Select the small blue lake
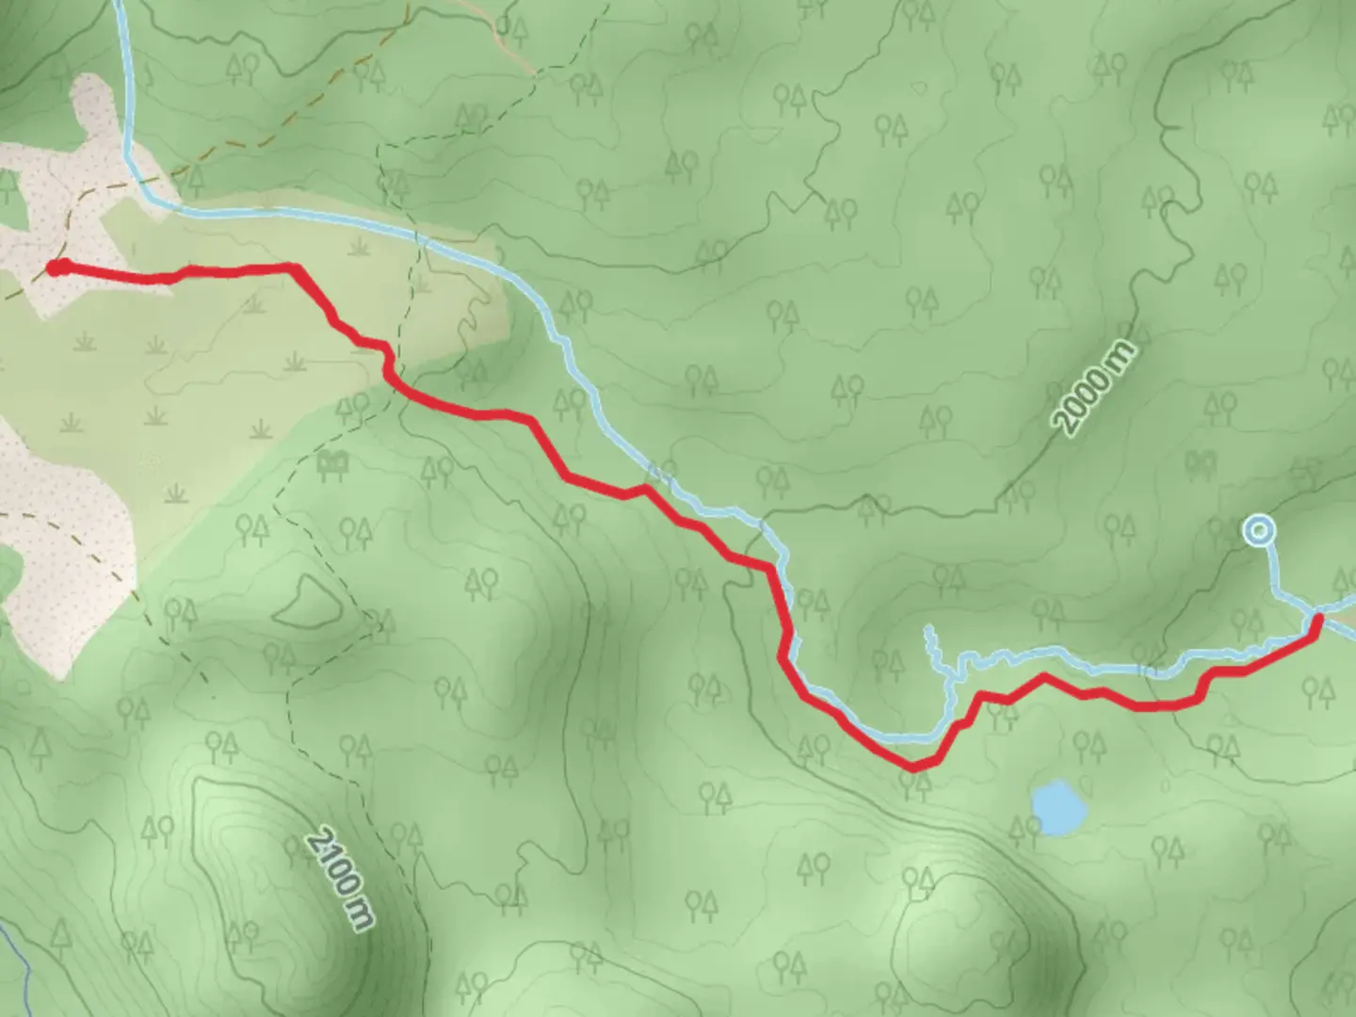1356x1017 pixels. pyautogui.click(x=1058, y=807)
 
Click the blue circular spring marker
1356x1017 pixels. pyautogui.click(x=1258, y=531)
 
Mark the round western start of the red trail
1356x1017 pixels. pyautogui.click(x=56, y=268)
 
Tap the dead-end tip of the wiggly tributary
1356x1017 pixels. pyautogui.click(x=928, y=627)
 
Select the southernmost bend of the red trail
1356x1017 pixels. pyautogui.click(x=913, y=767)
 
